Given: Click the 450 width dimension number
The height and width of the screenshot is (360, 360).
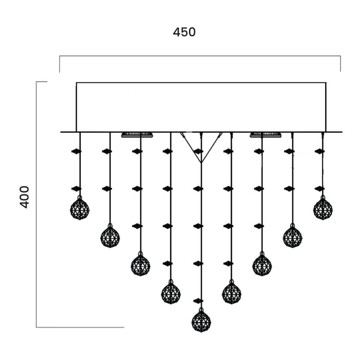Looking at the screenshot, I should (184, 32).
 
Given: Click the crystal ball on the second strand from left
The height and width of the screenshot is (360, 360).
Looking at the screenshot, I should (110, 237).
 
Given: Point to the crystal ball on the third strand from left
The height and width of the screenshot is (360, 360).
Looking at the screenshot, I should (140, 264).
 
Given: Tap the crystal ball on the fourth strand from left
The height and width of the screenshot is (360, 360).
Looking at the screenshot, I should (171, 292).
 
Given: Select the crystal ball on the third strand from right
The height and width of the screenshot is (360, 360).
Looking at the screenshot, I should (262, 264).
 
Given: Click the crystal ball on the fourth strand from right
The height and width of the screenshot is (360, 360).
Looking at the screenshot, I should (231, 292).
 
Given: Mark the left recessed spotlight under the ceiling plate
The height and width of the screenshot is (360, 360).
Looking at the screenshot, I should (138, 135).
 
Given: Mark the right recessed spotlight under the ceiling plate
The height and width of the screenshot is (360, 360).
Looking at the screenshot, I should (265, 135).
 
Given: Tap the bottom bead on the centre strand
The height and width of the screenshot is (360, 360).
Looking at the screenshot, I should (199, 300).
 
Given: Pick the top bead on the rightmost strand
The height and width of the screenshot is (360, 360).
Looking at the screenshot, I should (320, 152).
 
